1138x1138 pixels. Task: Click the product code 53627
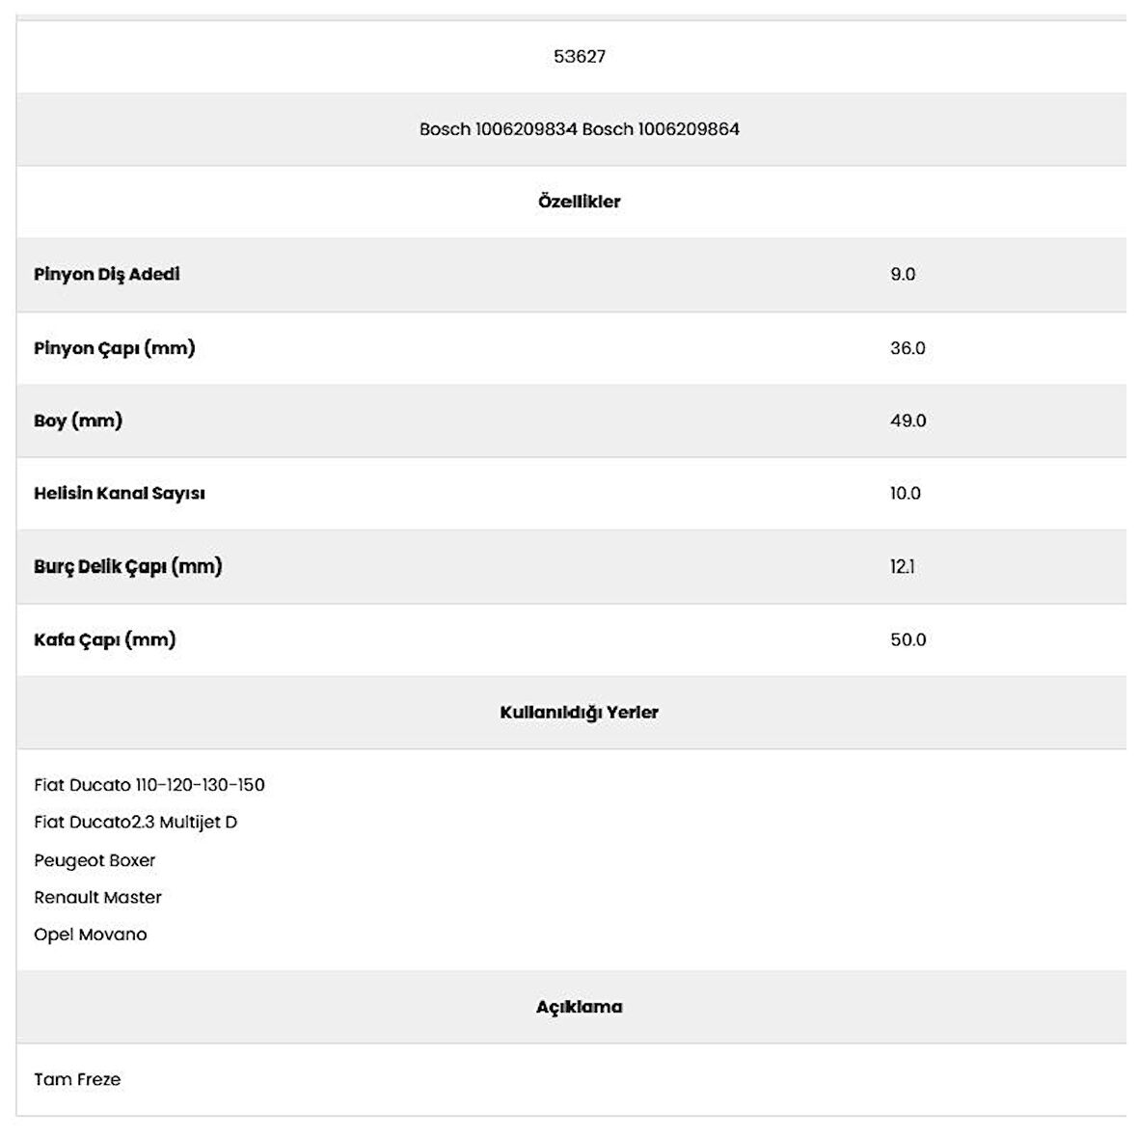pyautogui.click(x=580, y=57)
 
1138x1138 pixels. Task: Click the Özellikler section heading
pyautogui.click(x=579, y=203)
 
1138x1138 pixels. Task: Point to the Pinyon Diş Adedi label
pyautogui.click(x=107, y=275)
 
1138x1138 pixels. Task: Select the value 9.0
pyautogui.click(x=903, y=275)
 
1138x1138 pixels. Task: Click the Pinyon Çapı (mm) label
pyautogui.click(x=115, y=348)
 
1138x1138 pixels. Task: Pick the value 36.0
pyautogui.click(x=908, y=348)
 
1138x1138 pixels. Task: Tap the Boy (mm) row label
pyautogui.click(x=78, y=421)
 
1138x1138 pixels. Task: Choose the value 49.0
pyautogui.click(x=908, y=421)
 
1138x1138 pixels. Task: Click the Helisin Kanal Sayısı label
pyautogui.click(x=120, y=494)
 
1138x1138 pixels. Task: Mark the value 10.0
pyautogui.click(x=906, y=494)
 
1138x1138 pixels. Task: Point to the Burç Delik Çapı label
pyautogui.click(x=128, y=567)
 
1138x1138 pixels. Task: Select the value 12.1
pyautogui.click(x=903, y=567)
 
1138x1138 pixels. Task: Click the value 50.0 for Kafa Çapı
pyautogui.click(x=908, y=640)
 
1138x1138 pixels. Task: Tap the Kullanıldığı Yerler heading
pyautogui.click(x=579, y=713)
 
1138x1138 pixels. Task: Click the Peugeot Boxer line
pyautogui.click(x=95, y=860)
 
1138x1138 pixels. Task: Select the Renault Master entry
pyautogui.click(x=97, y=898)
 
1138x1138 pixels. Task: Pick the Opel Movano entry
pyautogui.click(x=91, y=935)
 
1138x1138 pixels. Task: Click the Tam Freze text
pyautogui.click(x=77, y=1080)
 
